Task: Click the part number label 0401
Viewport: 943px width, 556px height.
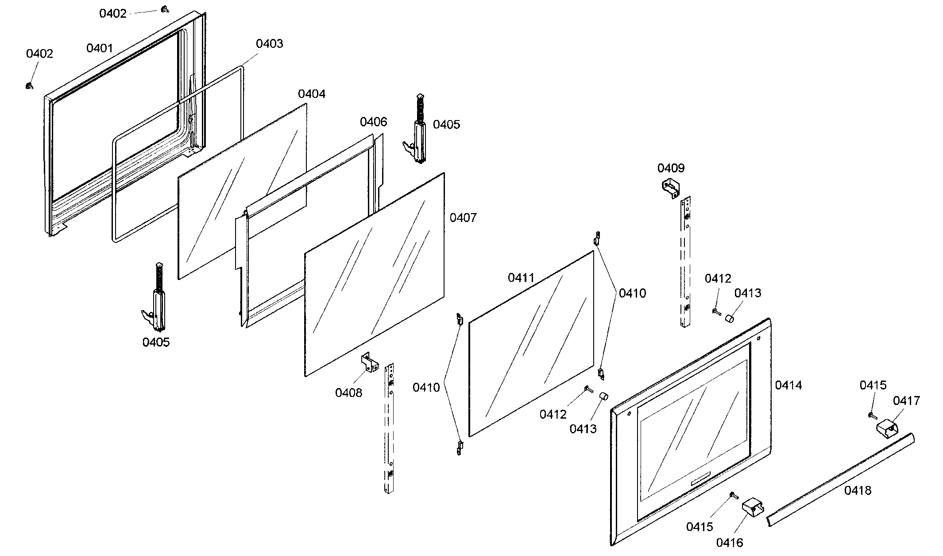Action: coord(100,48)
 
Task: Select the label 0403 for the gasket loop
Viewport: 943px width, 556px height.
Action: coord(269,43)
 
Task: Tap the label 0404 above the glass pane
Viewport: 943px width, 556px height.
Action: coord(311,94)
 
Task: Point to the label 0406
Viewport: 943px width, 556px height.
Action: coord(373,122)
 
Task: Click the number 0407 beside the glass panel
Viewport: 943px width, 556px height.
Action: coord(463,218)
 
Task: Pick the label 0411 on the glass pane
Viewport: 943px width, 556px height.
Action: coord(521,278)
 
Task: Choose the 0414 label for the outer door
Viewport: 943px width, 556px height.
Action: coord(788,385)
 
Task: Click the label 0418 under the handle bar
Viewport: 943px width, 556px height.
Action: coord(858,490)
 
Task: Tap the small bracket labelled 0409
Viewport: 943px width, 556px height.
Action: coord(670,188)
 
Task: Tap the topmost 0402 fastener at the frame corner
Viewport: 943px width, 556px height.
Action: coord(164,8)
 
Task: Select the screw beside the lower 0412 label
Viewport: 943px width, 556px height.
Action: coord(589,389)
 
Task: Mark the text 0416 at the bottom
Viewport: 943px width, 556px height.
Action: coord(729,542)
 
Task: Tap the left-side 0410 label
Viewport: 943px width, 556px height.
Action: coord(426,388)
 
